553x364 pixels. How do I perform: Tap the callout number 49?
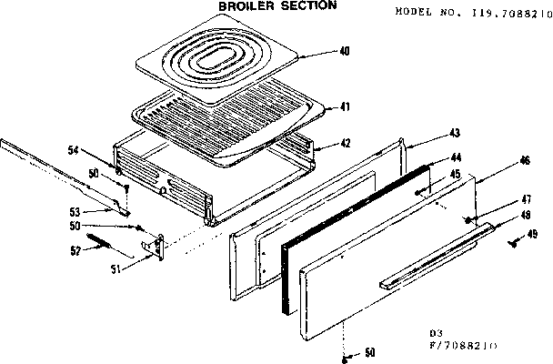click(x=533, y=233)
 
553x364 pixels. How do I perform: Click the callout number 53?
click(x=77, y=209)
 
